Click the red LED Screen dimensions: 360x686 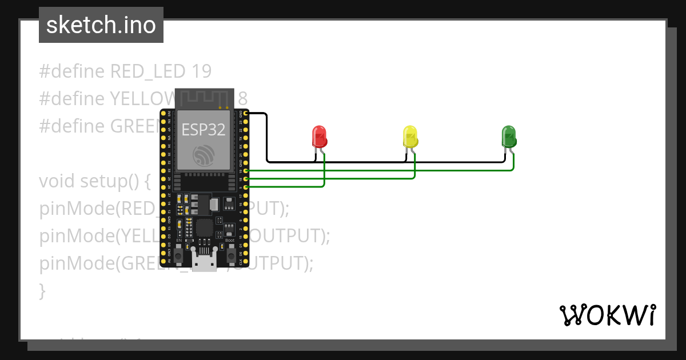click(319, 137)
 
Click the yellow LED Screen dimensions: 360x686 click(410, 137)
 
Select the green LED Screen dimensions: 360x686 click(508, 137)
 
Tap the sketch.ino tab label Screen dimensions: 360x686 click(101, 25)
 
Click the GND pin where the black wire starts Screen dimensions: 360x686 click(246, 114)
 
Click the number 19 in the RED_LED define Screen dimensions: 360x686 click(202, 71)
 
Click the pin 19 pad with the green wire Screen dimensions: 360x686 click(246, 170)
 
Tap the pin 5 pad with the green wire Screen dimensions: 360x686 click(246, 187)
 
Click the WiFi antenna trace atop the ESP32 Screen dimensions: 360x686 click(204, 98)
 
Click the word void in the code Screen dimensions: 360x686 click(57, 181)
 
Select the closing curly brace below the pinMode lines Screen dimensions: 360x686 click(42, 290)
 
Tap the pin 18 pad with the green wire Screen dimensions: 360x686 click(246, 179)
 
